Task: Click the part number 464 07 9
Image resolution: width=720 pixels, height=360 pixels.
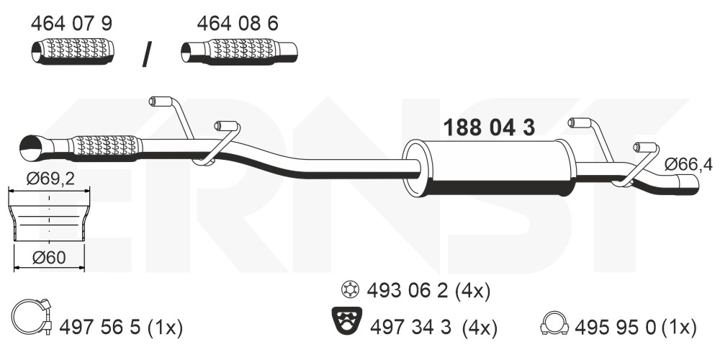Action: coord(71,24)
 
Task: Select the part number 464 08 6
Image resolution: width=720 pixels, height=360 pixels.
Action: coord(238,24)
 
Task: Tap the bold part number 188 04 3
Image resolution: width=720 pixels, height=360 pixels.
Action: coord(489,127)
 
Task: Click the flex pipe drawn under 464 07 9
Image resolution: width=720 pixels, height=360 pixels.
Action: coord(73,51)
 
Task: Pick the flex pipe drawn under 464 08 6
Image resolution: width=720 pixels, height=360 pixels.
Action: coord(239,51)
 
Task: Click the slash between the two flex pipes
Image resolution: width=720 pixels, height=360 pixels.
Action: coord(147,55)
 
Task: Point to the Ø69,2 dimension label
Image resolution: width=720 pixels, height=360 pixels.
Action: coord(50,178)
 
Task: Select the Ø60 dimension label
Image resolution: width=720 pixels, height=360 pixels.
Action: coord(49,258)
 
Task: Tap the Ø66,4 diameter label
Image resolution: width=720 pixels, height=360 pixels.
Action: coord(688,164)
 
